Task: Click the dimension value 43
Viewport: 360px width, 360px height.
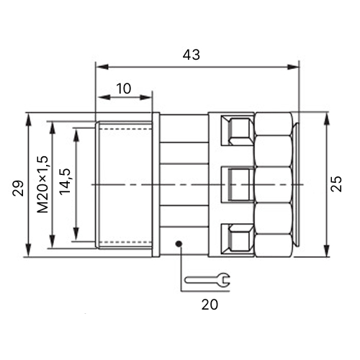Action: point(191,55)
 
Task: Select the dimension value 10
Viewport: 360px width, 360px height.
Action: point(124,89)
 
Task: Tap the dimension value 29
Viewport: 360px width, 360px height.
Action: point(18,188)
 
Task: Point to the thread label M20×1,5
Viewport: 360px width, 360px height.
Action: point(43,184)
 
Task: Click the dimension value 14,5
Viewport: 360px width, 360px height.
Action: point(65,181)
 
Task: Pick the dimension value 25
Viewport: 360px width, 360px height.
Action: point(336,184)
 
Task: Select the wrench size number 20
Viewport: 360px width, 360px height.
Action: point(210,305)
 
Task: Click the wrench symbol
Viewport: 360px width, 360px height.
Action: point(207,279)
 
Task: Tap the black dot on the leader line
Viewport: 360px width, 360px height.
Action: point(179,244)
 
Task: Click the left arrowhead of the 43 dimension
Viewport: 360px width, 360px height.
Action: point(102,67)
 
